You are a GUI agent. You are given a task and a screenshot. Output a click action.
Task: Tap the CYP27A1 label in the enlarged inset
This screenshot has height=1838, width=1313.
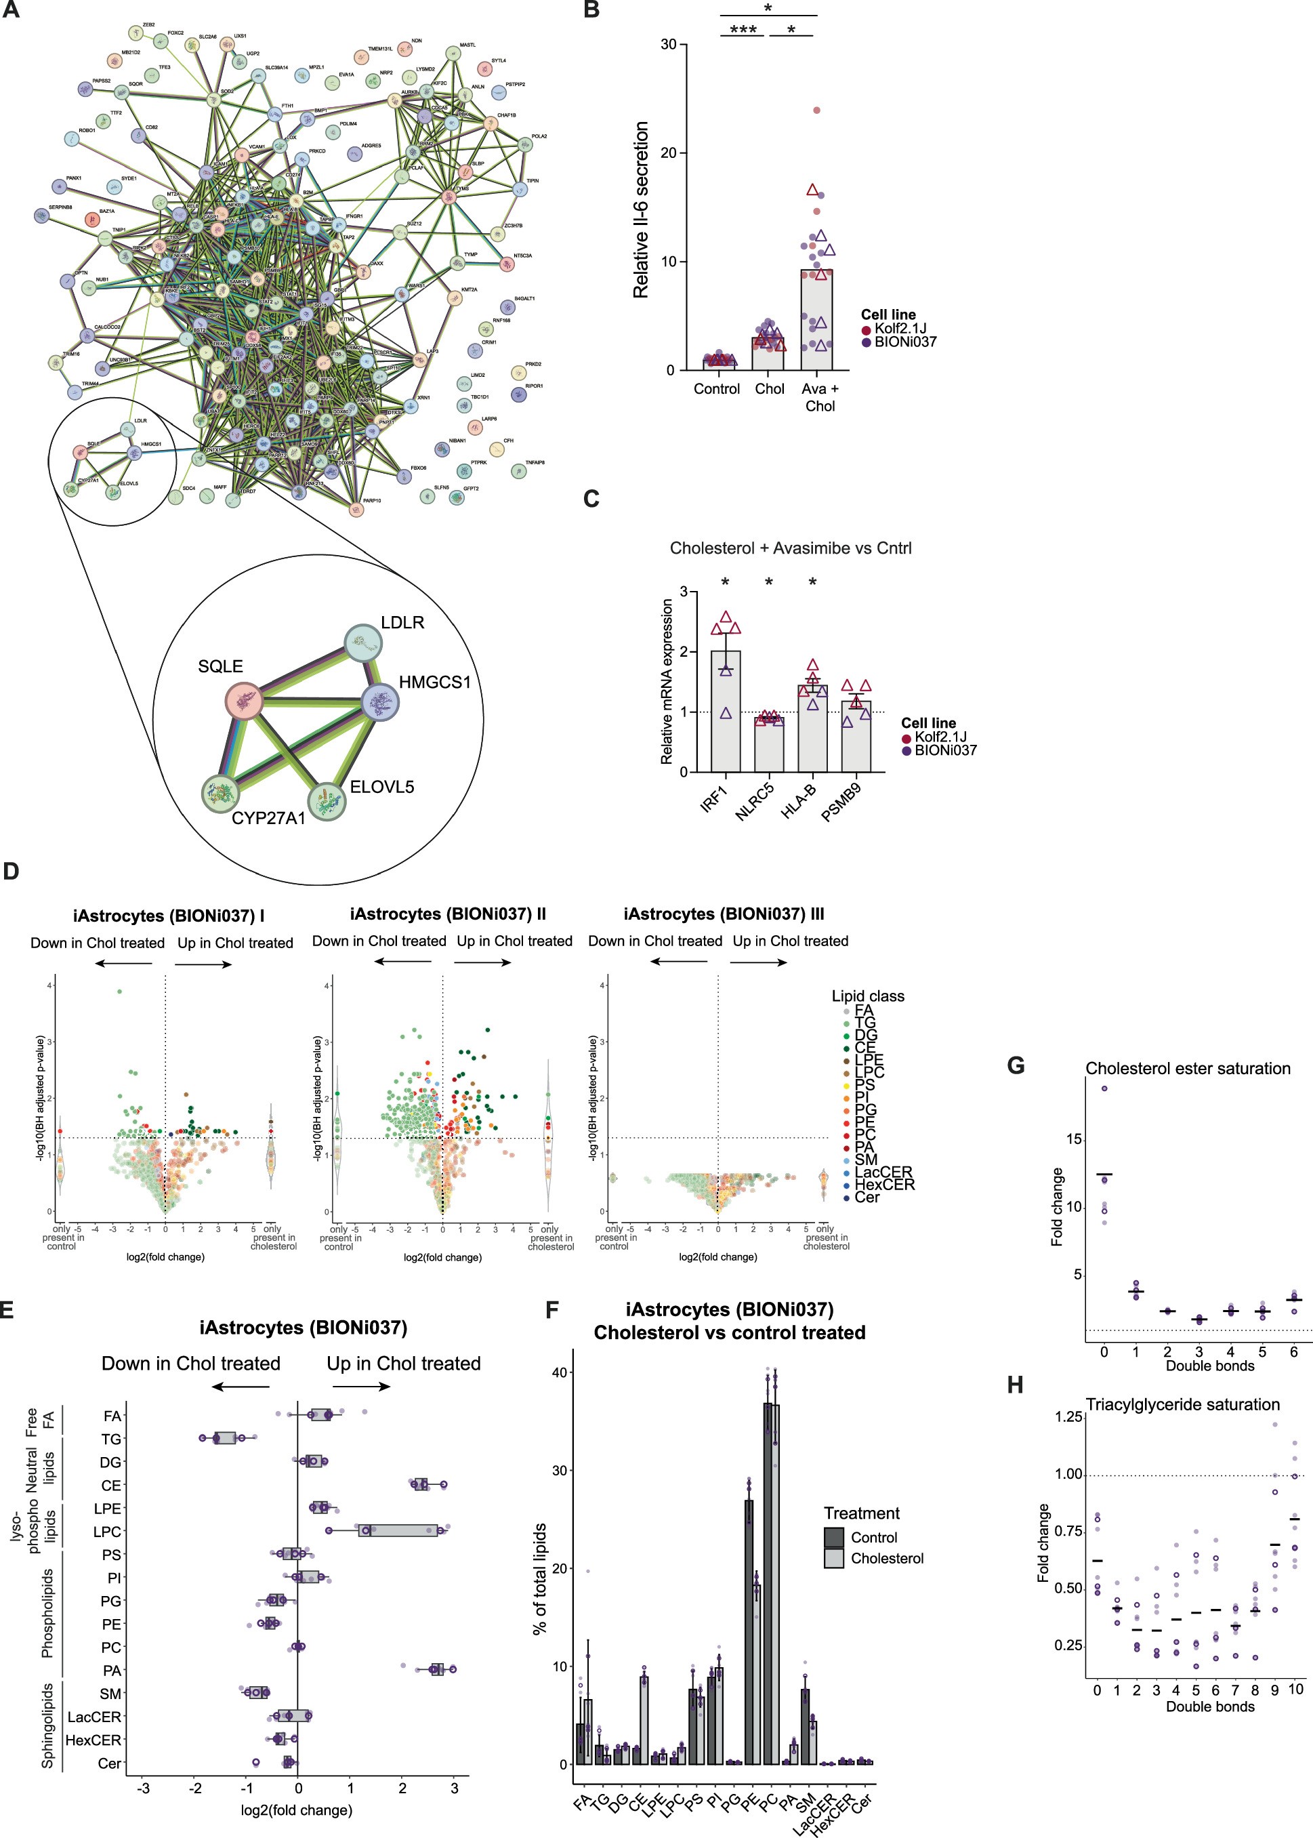(268, 818)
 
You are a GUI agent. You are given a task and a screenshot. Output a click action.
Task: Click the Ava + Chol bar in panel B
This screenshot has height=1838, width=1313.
(816, 320)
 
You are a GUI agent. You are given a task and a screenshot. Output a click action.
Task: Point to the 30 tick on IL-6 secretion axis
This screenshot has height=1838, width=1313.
(669, 45)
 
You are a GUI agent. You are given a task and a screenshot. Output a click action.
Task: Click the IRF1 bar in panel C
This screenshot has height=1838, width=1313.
(725, 712)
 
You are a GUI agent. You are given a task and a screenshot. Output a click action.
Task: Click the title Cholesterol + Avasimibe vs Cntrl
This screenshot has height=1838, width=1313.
(790, 548)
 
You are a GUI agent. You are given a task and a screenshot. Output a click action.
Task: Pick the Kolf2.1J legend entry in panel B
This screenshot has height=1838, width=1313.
(900, 328)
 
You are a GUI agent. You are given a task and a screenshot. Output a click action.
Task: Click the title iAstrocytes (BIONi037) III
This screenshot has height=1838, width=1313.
(724, 914)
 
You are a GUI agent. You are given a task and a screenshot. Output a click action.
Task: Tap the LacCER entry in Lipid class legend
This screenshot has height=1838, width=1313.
(883, 1172)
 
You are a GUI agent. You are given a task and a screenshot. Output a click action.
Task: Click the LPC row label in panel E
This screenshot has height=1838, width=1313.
(108, 1532)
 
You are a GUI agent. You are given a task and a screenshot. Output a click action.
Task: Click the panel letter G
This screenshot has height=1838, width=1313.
(1016, 1066)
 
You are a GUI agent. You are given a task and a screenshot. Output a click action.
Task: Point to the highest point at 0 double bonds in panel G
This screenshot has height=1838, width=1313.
(1104, 1088)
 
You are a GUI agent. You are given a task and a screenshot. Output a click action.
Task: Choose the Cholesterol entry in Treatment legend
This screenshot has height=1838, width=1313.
(886, 1558)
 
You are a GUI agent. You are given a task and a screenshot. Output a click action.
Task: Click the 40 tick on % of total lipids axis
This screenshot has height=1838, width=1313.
(560, 1372)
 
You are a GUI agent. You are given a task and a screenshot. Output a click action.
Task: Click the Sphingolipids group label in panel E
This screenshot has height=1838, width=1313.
(47, 1725)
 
